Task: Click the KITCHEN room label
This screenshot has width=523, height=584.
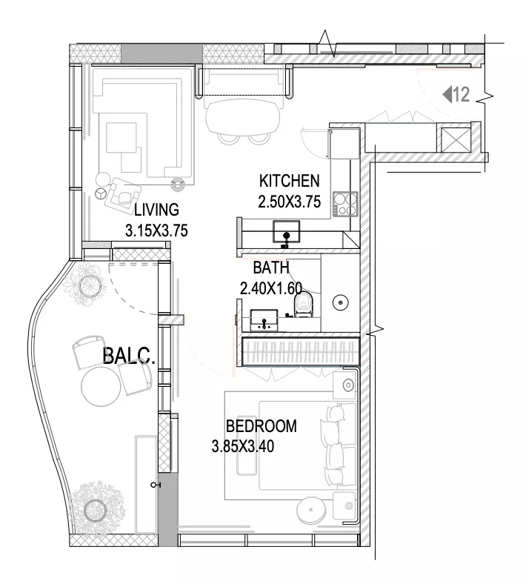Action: click(289, 181)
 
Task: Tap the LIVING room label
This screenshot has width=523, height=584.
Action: click(156, 210)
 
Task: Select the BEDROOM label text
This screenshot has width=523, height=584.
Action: click(261, 426)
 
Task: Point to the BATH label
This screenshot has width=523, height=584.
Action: click(271, 268)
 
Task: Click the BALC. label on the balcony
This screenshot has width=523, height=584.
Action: click(128, 355)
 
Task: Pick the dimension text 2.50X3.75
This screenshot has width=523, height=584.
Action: click(289, 202)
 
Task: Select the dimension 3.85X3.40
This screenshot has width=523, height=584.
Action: click(243, 446)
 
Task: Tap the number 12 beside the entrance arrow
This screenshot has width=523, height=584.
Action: click(462, 95)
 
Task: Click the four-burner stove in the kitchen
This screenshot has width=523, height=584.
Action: click(345, 204)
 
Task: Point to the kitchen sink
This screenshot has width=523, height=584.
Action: click(286, 232)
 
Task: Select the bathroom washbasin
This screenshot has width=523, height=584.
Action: click(264, 320)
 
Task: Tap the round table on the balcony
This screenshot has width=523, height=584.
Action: click(101, 386)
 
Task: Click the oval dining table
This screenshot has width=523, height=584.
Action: click(242, 116)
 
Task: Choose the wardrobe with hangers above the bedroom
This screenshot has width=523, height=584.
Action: click(301, 352)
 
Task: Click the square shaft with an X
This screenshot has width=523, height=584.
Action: click(456, 139)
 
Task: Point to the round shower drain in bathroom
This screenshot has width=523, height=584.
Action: click(340, 302)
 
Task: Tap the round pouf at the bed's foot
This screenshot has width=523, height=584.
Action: click(312, 509)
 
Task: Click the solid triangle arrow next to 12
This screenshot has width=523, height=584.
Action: click(447, 94)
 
